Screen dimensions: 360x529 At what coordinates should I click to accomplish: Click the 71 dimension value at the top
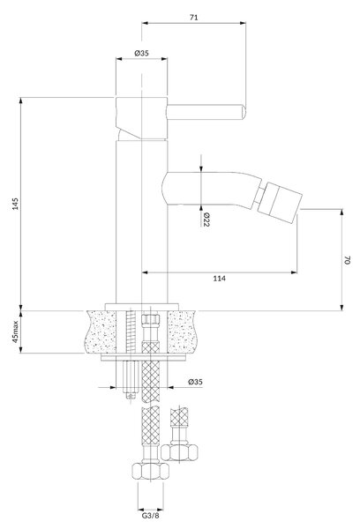pyautogui.click(x=193, y=17)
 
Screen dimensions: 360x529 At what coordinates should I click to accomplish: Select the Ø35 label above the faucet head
pyautogui.click(x=141, y=53)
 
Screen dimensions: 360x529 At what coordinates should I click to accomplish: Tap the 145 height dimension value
pyautogui.click(x=16, y=204)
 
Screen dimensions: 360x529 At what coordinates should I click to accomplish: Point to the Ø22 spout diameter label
pyautogui.click(x=206, y=220)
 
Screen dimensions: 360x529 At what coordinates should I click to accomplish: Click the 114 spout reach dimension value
pyautogui.click(x=219, y=279)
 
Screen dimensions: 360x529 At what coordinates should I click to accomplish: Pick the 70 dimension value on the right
pyautogui.click(x=348, y=260)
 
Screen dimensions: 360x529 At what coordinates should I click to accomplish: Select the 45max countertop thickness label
pyautogui.click(x=16, y=332)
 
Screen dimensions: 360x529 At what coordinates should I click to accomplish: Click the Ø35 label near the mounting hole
pyautogui.click(x=196, y=382)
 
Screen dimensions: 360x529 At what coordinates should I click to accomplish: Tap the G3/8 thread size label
pyautogui.click(x=150, y=516)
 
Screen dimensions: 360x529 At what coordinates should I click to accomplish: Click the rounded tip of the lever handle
pyautogui.click(x=244, y=112)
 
